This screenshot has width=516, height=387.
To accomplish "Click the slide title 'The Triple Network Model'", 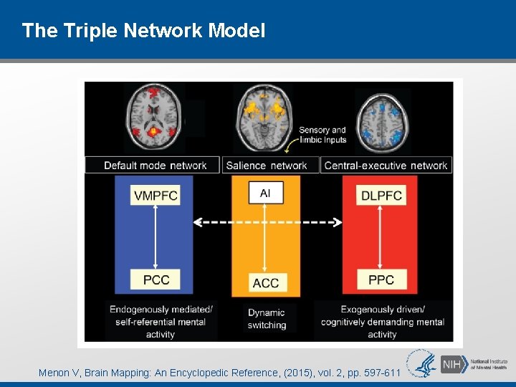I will (x=143, y=31).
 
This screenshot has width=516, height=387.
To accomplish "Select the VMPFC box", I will (x=156, y=196).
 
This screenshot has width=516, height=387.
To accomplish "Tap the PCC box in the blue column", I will (x=156, y=279).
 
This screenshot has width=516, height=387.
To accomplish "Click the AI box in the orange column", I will (x=265, y=192).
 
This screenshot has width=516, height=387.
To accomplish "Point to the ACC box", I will (x=266, y=282).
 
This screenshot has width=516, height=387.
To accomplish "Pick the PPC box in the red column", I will (x=381, y=279).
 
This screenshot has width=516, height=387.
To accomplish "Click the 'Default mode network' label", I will (x=155, y=166).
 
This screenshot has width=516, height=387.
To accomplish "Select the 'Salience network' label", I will (x=267, y=166).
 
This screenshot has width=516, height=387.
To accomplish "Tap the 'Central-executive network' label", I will (x=386, y=166).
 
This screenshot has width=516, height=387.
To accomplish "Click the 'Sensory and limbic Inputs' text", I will (x=322, y=135).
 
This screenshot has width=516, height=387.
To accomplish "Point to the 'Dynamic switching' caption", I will (x=267, y=319).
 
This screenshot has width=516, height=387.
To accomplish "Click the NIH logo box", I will (x=451, y=363).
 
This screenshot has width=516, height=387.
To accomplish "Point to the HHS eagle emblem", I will (x=422, y=363).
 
